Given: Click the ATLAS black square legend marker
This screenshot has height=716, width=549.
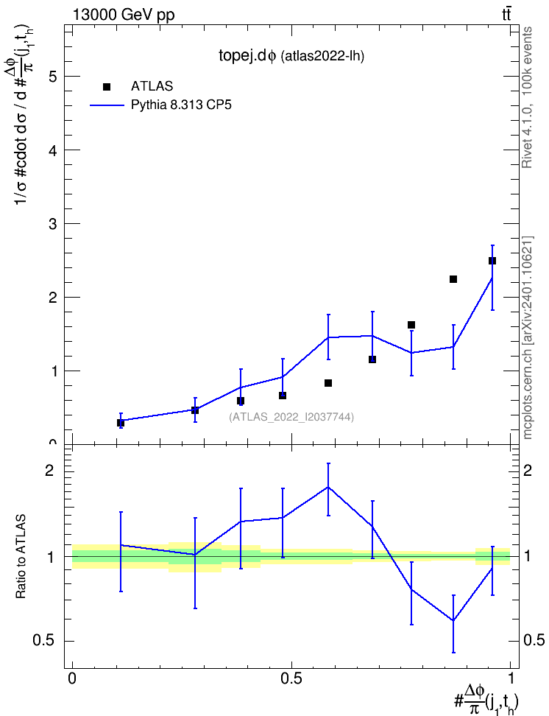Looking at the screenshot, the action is (x=107, y=87).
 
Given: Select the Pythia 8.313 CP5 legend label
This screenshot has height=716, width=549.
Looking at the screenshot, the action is (x=181, y=105).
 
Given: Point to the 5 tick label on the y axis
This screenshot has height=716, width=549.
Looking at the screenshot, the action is (x=54, y=77).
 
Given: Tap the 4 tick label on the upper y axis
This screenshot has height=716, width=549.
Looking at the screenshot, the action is (x=54, y=150).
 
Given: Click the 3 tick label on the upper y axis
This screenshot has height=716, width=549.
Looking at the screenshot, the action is (x=54, y=224).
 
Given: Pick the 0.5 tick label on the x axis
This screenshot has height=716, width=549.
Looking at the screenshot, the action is (x=291, y=678).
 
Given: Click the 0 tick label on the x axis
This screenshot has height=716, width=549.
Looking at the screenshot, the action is (x=72, y=678).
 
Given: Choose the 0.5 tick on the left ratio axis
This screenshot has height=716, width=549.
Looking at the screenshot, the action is (x=44, y=641).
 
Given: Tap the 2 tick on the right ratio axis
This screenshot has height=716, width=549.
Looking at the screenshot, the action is (x=528, y=471).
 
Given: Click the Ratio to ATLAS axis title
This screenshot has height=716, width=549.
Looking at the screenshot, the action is (x=21, y=557).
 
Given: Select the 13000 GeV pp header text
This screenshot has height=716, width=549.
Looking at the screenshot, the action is (x=124, y=15).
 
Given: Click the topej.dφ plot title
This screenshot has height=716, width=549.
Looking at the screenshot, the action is (x=291, y=56).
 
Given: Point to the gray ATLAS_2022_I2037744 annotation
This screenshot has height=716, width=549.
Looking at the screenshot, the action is (x=291, y=417).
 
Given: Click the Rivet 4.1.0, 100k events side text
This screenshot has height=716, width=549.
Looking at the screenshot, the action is (x=527, y=97).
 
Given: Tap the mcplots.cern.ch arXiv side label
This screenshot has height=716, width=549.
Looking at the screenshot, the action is (x=528, y=338).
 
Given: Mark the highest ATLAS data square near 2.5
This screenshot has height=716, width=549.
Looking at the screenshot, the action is (x=492, y=261).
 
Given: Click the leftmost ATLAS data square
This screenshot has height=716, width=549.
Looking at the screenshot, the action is (x=121, y=423).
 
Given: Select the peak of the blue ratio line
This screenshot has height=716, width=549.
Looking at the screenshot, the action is (x=328, y=487).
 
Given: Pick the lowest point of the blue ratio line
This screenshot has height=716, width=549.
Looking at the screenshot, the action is (x=453, y=620).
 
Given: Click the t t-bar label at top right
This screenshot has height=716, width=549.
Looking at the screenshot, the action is (x=506, y=15).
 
